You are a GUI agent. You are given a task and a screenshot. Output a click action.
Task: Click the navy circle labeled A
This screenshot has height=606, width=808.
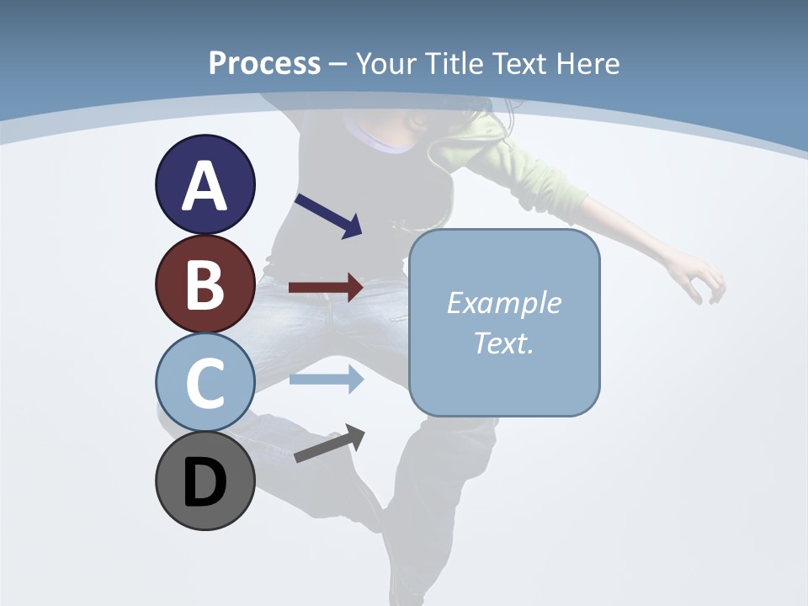[205, 184]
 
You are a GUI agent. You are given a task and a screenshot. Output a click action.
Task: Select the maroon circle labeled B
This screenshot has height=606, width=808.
[205, 284]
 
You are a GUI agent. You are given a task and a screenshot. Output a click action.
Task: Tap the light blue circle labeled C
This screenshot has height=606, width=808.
[205, 382]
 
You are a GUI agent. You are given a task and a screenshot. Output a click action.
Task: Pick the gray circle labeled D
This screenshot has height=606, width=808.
[205, 481]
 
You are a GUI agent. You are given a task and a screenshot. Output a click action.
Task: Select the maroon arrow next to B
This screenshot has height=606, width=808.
[326, 287]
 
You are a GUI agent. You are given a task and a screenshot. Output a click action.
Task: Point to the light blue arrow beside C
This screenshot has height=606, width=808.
[326, 380]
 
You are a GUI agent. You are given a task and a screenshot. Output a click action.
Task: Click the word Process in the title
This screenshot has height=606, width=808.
[264, 63]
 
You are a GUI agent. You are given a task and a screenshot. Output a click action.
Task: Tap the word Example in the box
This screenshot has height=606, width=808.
[503, 303]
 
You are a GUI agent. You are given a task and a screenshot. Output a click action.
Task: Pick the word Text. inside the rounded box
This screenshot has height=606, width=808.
[503, 343]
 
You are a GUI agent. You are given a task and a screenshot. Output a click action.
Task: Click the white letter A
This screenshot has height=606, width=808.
[205, 185]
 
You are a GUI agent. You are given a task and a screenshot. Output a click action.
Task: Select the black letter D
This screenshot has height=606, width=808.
[205, 482]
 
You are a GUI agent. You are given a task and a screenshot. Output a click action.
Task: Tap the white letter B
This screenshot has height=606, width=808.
[205, 284]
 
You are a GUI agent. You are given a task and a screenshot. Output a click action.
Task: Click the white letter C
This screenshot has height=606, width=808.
[205, 383]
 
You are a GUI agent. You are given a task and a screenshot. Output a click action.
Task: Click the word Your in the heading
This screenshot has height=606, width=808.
[389, 63]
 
